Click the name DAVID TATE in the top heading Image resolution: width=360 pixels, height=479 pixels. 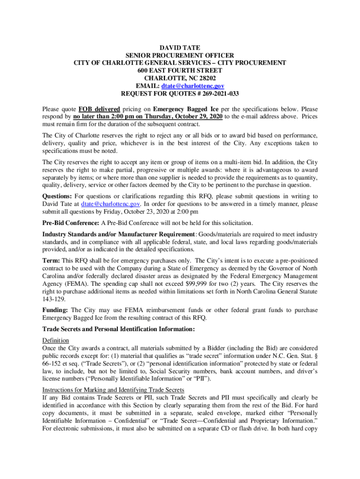tap(180, 48)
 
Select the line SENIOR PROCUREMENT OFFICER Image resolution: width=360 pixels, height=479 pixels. tap(180, 55)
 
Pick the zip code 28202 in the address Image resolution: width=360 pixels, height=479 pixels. tap(206, 78)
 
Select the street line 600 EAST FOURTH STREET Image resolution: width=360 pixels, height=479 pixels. tap(180, 71)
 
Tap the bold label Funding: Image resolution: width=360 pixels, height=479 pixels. tap(55, 310)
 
